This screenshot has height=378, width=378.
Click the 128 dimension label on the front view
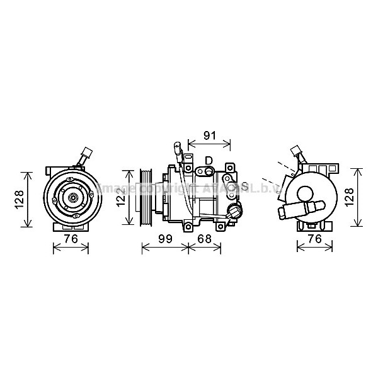coord(20,198)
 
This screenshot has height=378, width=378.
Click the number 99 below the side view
coord(166,239)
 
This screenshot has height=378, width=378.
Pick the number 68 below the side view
coord(204,239)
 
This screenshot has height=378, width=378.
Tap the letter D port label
coord(209,160)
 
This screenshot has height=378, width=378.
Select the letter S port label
coord(244,186)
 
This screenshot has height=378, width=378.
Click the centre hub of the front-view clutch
coord(71,198)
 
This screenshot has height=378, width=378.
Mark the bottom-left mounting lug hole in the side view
coord(188,230)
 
